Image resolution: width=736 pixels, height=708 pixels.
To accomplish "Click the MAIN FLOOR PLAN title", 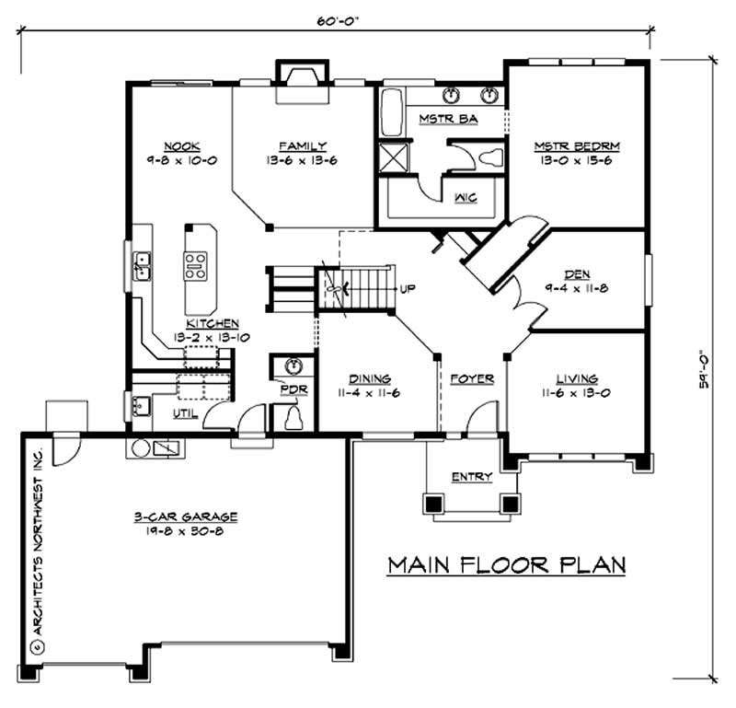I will tap(505, 564).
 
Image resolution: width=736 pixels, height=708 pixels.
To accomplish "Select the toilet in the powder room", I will tap(294, 419).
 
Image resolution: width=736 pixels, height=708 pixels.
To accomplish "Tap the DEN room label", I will tap(578, 273).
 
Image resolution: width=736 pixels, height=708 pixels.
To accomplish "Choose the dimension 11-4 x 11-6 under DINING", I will tap(370, 392).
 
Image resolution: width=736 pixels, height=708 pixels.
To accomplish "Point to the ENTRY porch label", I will tap(471, 476).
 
